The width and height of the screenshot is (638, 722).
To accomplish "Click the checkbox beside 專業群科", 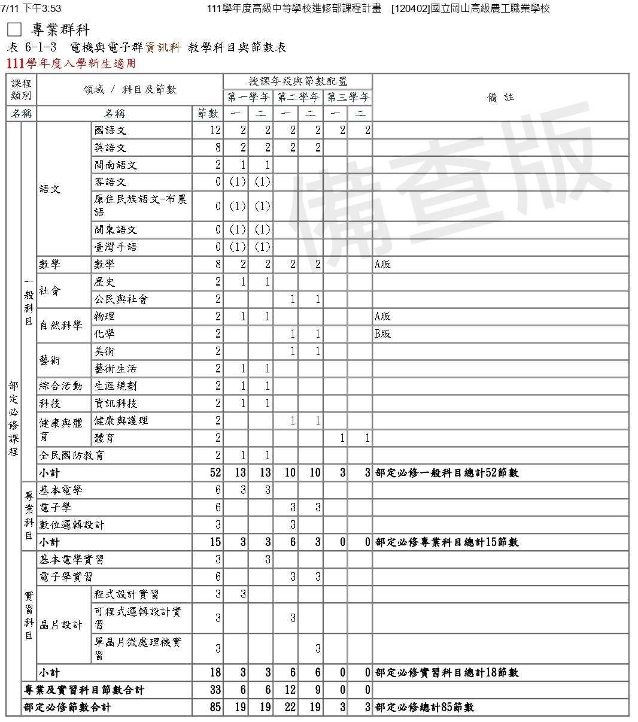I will (x=14, y=30).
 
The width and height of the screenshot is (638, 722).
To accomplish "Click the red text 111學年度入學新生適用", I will (x=71, y=63).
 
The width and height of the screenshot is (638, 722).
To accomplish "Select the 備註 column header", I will (x=500, y=97).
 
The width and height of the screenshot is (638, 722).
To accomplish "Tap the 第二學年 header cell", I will (x=298, y=97).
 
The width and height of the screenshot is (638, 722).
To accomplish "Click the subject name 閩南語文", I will (x=116, y=165).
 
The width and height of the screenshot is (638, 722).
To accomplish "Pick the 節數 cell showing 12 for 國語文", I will (x=215, y=130).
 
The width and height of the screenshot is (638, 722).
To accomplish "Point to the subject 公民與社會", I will (x=121, y=299).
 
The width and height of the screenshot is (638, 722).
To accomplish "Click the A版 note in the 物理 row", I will (x=382, y=316).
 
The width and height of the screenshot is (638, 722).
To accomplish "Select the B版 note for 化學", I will (x=382, y=333).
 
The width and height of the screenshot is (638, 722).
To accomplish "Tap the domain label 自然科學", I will (x=61, y=325).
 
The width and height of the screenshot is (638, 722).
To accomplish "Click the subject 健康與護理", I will (x=121, y=420).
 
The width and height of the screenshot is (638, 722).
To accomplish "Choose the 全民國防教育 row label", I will (x=72, y=455).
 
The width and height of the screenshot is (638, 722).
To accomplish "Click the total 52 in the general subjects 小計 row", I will (x=215, y=472).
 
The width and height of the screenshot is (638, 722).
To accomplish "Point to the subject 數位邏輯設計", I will (x=72, y=524).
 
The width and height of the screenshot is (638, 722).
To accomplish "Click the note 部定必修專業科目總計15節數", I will (x=446, y=542).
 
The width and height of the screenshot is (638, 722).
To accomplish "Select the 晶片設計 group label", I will (x=61, y=624).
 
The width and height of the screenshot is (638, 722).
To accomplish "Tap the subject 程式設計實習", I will (x=126, y=594).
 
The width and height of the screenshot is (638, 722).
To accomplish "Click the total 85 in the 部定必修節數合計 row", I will (x=215, y=707).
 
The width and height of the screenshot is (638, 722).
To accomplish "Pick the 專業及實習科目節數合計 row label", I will (x=84, y=690).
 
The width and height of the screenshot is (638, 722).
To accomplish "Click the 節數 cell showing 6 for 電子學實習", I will (x=218, y=577).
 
